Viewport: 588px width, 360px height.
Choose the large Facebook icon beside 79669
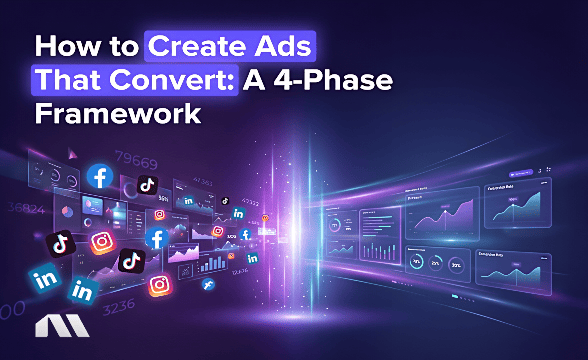99,177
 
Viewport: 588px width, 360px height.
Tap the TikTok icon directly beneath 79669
147,184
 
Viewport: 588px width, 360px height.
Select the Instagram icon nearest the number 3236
159,285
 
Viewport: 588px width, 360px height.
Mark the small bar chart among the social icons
212,263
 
